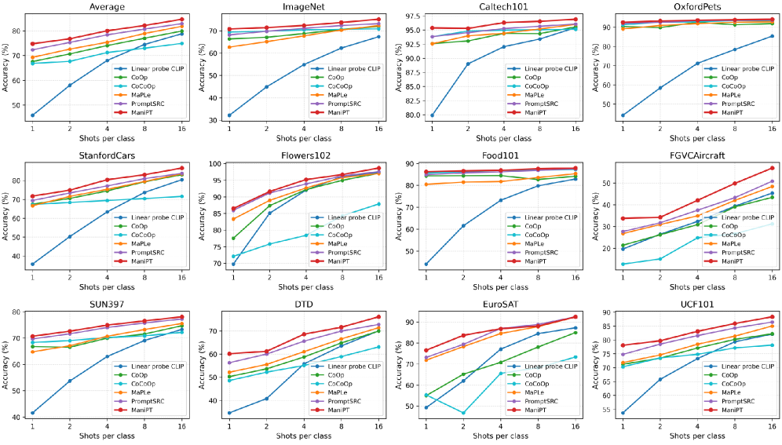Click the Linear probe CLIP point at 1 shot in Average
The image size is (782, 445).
click(x=32, y=115)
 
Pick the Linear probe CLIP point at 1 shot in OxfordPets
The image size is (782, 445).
click(x=623, y=115)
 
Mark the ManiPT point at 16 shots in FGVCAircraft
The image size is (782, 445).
click(x=772, y=168)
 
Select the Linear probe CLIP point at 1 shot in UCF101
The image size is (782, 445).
click(x=623, y=413)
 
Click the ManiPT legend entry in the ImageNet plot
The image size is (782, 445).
click(x=339, y=112)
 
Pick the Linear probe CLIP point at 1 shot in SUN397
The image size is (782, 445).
click(x=32, y=413)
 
